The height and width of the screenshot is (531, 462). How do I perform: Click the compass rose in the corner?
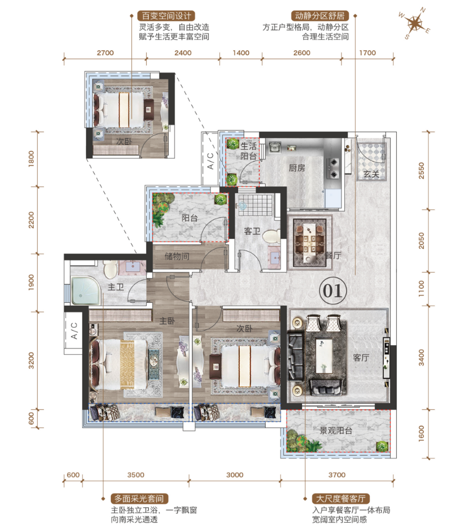point(415,24)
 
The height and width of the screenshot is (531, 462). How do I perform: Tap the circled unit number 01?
point(333,291)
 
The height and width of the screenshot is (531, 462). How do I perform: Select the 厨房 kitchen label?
point(297,168)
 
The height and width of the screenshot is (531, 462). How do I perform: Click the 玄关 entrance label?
point(371,174)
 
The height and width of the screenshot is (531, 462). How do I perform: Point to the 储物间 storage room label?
point(177,256)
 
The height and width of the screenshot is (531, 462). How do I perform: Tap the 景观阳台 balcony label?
point(336,430)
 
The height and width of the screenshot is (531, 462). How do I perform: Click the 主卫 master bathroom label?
point(115,287)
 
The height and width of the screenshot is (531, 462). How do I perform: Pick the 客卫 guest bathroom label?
point(252,231)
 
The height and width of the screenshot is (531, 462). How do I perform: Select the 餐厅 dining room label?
point(333,255)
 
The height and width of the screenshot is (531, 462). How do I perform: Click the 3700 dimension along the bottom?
point(337,475)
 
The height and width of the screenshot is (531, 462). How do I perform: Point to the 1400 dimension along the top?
point(241,53)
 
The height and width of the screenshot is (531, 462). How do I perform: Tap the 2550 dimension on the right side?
point(421,171)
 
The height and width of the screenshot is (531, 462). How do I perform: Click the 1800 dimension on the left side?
point(31,159)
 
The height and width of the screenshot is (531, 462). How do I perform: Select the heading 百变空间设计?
point(166,16)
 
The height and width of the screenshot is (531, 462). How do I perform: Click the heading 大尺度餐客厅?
point(340,498)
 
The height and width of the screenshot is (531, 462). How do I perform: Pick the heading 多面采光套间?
point(139,498)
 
